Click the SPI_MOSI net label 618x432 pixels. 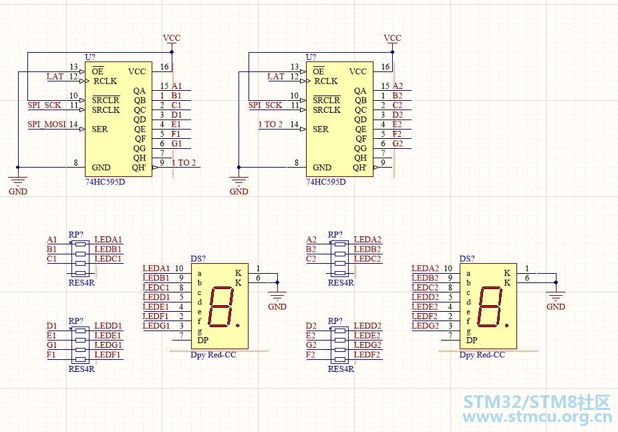click(47, 124)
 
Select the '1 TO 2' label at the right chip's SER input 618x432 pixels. click(271, 124)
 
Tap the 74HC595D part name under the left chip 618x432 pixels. click(106, 182)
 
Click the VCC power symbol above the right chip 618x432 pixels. click(393, 38)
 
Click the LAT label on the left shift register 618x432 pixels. click(55, 76)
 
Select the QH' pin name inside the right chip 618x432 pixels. click(359, 168)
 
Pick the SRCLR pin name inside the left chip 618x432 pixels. click(106, 100)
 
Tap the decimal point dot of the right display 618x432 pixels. click(507, 325)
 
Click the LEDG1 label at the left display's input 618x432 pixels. click(156, 326)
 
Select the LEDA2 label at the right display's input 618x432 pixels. click(425, 268)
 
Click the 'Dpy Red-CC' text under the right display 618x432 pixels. click(482, 355)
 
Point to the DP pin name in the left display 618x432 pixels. click(202, 340)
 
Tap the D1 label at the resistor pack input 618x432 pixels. click(51, 326)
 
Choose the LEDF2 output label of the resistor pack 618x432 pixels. click(367, 355)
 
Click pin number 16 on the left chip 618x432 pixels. click(164, 67)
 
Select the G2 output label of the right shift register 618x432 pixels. click(398, 144)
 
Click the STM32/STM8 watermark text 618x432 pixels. click(536, 402)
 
